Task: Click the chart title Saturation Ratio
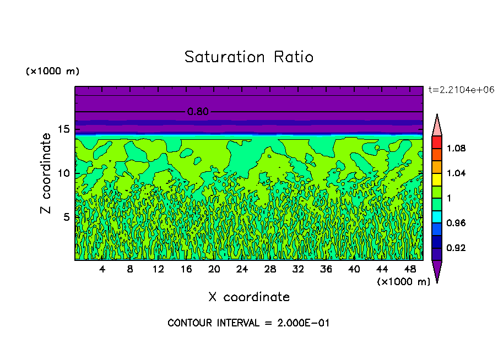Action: pos(248,57)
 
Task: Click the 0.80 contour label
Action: pos(198,112)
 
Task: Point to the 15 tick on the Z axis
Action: pos(64,129)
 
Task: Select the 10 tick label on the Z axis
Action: pos(64,173)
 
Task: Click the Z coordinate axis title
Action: pos(46,173)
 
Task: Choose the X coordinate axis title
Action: pos(248,297)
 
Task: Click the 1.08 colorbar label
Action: pos(456,148)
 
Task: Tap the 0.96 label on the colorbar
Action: pos(456,223)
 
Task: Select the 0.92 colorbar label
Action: pos(456,248)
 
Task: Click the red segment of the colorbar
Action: pos(436,142)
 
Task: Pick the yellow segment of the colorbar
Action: pos(436,179)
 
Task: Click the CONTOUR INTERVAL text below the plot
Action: pos(248,323)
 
